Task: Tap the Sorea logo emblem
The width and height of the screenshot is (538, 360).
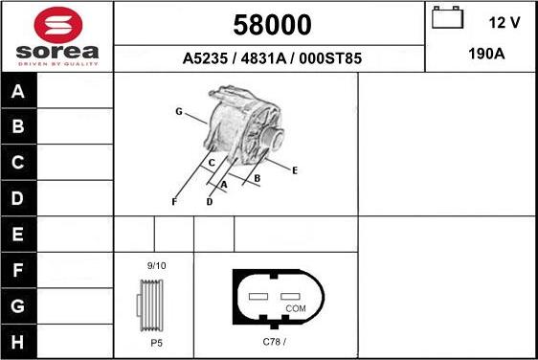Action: [x=57, y=24]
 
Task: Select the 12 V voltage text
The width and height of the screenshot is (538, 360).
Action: [x=503, y=21]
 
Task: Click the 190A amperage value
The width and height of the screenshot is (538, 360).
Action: [x=486, y=55]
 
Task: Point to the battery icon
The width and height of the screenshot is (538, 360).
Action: [x=446, y=19]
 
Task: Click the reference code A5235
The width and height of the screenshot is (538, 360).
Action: [x=204, y=58]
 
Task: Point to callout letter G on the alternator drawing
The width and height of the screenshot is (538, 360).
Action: [x=178, y=112]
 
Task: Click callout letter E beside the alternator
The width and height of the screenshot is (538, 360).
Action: [x=295, y=170]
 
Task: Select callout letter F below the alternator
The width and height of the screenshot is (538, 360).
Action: [x=174, y=201]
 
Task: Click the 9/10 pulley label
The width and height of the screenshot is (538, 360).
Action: [x=156, y=265]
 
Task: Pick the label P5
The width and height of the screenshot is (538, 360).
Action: [x=156, y=342]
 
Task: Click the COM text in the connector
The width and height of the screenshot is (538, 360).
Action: [x=296, y=308]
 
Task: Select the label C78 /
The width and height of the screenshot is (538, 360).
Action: [x=275, y=342]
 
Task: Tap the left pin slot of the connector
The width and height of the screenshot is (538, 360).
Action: [x=257, y=297]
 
